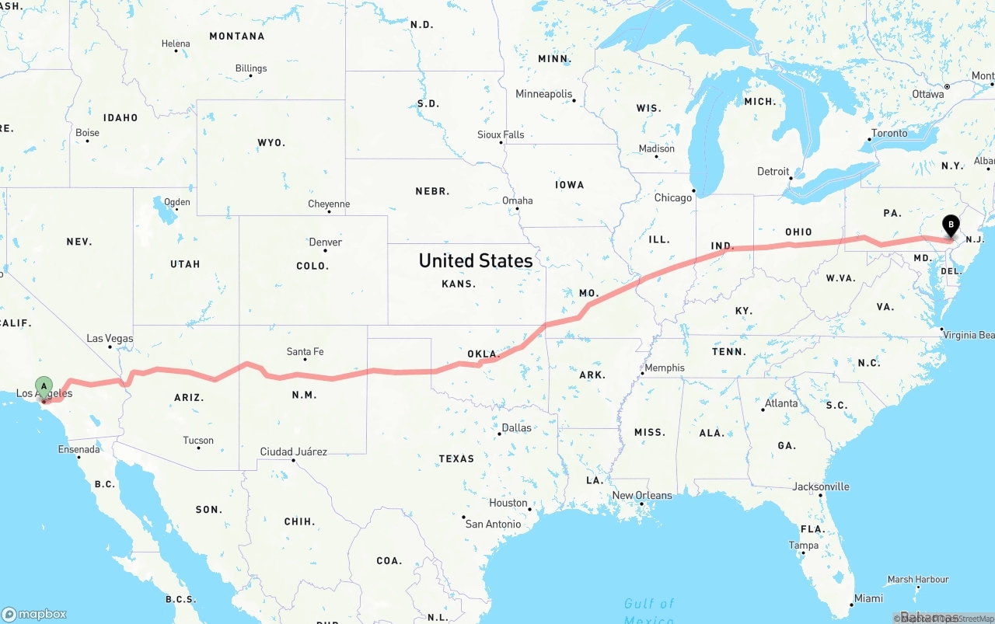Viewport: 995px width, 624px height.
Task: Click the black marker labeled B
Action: [x=950, y=225]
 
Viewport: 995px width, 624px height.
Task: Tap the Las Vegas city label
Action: [x=110, y=338]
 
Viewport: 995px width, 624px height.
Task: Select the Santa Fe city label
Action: [x=305, y=351]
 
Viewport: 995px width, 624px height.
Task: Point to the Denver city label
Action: [x=325, y=242]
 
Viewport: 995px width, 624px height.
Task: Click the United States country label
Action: [x=476, y=260]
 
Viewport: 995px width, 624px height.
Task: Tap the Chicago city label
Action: [x=672, y=197]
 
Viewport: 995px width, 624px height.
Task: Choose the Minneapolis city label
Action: [x=543, y=94]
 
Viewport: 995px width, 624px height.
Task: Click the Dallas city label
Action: [x=516, y=427]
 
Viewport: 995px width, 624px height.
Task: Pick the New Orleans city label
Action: [x=642, y=495]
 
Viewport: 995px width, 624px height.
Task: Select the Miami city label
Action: [x=868, y=598]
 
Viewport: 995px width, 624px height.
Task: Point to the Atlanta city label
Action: [x=780, y=403]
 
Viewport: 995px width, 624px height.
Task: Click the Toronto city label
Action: [x=889, y=133]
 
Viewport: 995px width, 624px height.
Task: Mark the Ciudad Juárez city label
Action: [x=293, y=451]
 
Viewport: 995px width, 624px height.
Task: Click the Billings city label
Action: [x=251, y=68]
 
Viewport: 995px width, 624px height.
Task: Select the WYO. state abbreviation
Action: [x=271, y=143]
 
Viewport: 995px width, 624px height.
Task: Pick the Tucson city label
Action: [x=198, y=441]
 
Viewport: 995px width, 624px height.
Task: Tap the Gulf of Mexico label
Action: [x=649, y=610]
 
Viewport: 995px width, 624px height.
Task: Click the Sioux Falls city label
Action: [x=501, y=134]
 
